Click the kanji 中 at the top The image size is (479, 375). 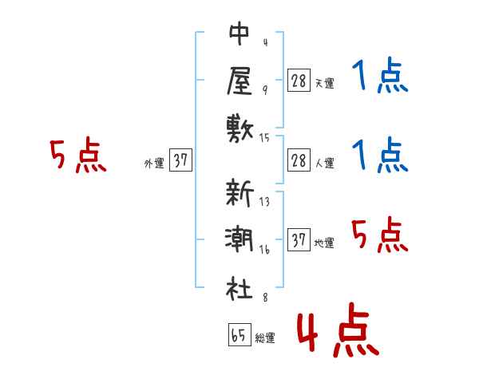pyautogui.click(x=239, y=34)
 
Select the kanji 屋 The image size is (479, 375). pyautogui.click(x=239, y=81)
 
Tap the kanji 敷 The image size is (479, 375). pyautogui.click(x=239, y=129)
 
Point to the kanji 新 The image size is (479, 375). pyautogui.click(x=239, y=192)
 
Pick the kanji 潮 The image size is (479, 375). pyautogui.click(x=239, y=239)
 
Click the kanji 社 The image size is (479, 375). pyautogui.click(x=239, y=288)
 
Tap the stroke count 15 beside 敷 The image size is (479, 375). pyautogui.click(x=264, y=138)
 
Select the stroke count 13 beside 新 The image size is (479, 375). pyautogui.click(x=264, y=202)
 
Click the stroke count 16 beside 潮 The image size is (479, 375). pyautogui.click(x=264, y=250)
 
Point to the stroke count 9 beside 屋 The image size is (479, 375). pyautogui.click(x=265, y=90)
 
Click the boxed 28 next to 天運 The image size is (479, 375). pyautogui.click(x=299, y=81)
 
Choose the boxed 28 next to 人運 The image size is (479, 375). pyautogui.click(x=299, y=160)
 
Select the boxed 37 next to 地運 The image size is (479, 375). pyautogui.click(x=299, y=239)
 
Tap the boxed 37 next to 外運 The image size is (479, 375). pyautogui.click(x=180, y=160)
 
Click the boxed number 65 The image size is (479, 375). pyautogui.click(x=239, y=334)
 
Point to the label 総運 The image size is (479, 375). pyautogui.click(x=265, y=338)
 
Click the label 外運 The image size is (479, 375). pyautogui.click(x=154, y=164)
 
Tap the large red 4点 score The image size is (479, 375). pyautogui.click(x=338, y=330)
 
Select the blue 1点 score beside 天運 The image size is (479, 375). pyautogui.click(x=380, y=75)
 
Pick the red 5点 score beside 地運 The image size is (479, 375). pyautogui.click(x=380, y=235)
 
